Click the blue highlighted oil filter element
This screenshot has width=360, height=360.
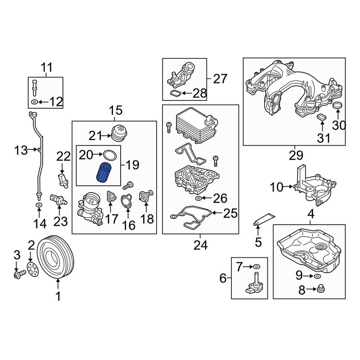click(104, 172)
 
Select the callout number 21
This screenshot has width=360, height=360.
click(96, 136)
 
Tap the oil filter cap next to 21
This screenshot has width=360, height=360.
click(118, 134)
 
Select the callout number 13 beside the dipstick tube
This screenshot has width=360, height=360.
click(21, 150)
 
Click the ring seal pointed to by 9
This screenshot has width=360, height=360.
click(316, 276)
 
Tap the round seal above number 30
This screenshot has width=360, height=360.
click(338, 106)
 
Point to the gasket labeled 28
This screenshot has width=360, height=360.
click(175, 94)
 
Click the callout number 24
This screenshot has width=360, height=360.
click(201, 245)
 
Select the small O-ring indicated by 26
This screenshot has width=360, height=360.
click(198, 198)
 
